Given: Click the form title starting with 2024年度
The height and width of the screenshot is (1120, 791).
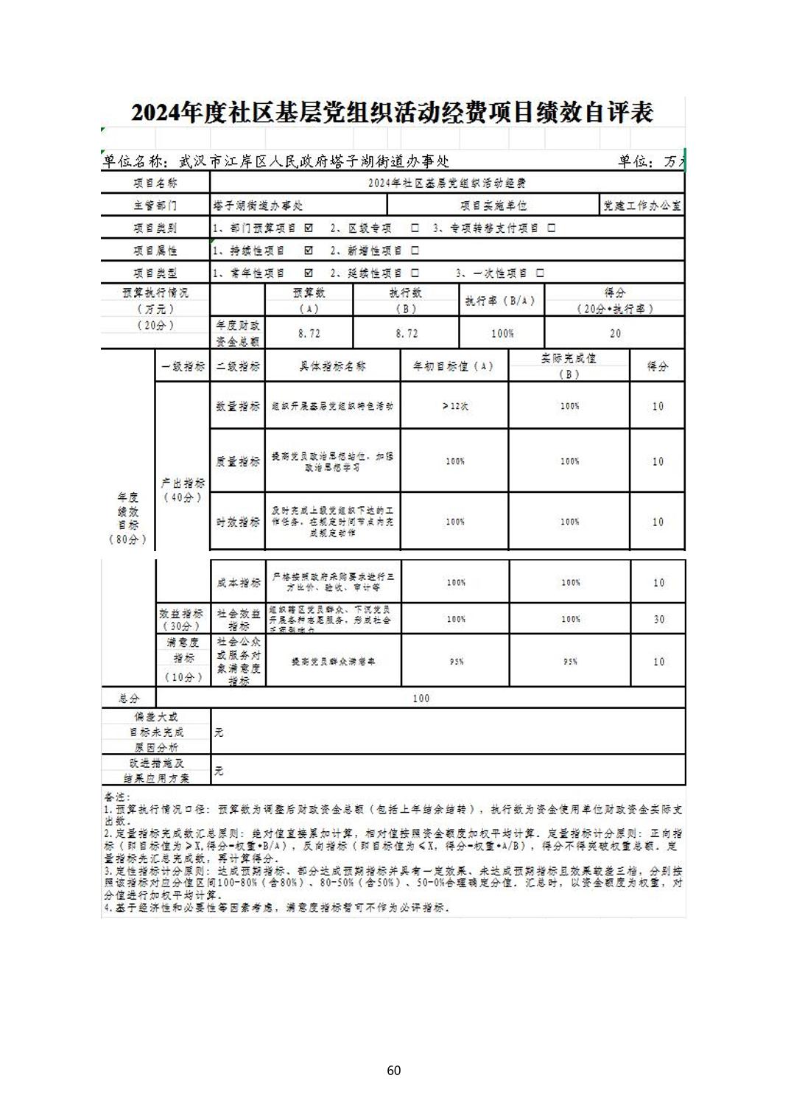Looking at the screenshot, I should click(392, 113).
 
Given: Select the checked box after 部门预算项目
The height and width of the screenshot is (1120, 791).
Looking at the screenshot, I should click(309, 228).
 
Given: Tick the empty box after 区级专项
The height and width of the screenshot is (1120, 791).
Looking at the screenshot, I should click(415, 228).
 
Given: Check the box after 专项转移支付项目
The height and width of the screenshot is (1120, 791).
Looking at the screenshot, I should click(551, 228).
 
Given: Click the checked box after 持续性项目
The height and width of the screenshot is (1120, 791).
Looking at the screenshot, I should click(309, 251).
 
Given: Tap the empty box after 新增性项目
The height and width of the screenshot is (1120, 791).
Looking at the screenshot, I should click(415, 251).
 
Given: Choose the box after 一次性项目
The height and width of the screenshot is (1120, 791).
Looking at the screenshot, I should click(540, 273).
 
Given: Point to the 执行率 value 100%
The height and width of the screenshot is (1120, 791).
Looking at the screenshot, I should click(502, 334).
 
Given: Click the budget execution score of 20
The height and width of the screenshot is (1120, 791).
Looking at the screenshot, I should click(615, 334).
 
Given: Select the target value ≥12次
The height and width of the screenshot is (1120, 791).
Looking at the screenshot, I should click(455, 406).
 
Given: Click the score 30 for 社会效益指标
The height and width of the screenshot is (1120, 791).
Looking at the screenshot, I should click(658, 620).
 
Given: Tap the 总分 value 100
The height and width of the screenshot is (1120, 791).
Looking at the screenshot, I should click(421, 699).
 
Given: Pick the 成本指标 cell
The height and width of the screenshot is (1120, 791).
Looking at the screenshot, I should click(238, 583).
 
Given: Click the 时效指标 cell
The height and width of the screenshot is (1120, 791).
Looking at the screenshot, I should click(238, 522).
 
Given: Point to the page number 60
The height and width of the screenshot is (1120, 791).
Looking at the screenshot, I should click(394, 1070).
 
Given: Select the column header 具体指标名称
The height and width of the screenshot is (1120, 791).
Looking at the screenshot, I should click(332, 366).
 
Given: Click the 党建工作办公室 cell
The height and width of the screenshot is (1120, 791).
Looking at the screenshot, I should click(641, 206).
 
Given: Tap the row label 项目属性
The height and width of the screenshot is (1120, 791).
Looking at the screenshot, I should click(155, 251).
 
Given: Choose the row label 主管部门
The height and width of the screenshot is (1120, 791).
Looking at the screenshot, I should click(155, 206).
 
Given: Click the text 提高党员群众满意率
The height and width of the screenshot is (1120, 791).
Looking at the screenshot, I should click(333, 662).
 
